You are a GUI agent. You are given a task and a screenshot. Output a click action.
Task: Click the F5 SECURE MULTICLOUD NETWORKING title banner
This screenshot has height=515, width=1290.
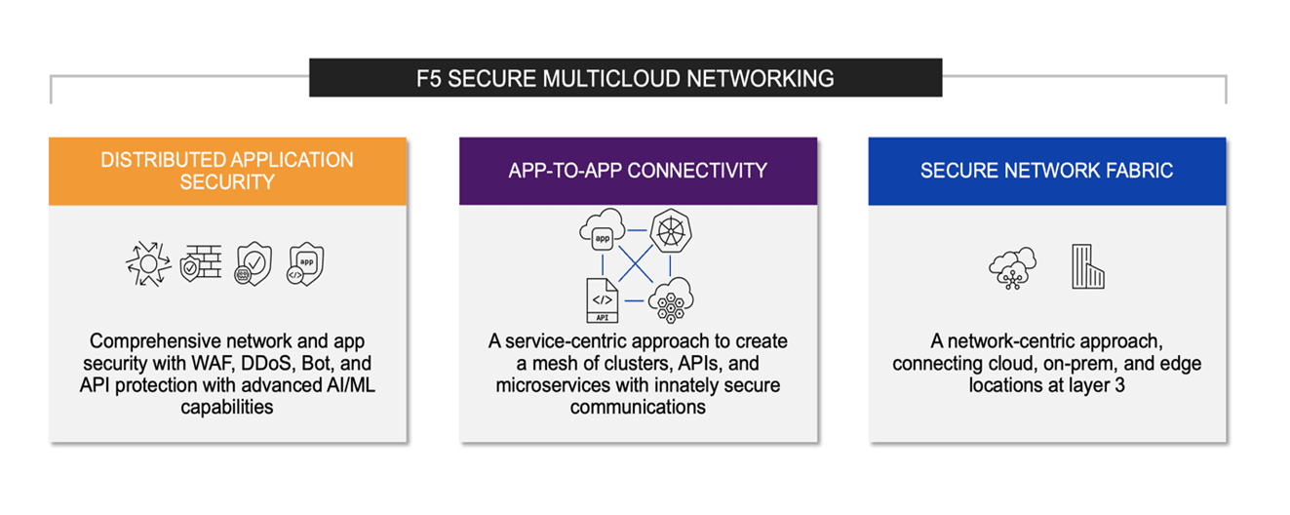point(625,78)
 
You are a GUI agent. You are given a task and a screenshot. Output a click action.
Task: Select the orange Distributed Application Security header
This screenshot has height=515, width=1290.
point(227,171)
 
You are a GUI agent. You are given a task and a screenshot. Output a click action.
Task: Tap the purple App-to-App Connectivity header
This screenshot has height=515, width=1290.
point(638,171)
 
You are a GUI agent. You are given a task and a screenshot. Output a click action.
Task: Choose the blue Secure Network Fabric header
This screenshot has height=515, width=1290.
point(1046,171)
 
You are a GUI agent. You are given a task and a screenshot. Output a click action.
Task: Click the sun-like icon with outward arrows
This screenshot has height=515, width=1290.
point(148,264)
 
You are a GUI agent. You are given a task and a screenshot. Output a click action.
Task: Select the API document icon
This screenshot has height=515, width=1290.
point(601,299)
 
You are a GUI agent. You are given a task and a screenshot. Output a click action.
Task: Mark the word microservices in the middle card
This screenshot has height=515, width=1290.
point(555,385)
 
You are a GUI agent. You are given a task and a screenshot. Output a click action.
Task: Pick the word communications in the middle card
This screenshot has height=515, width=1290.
point(638,407)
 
